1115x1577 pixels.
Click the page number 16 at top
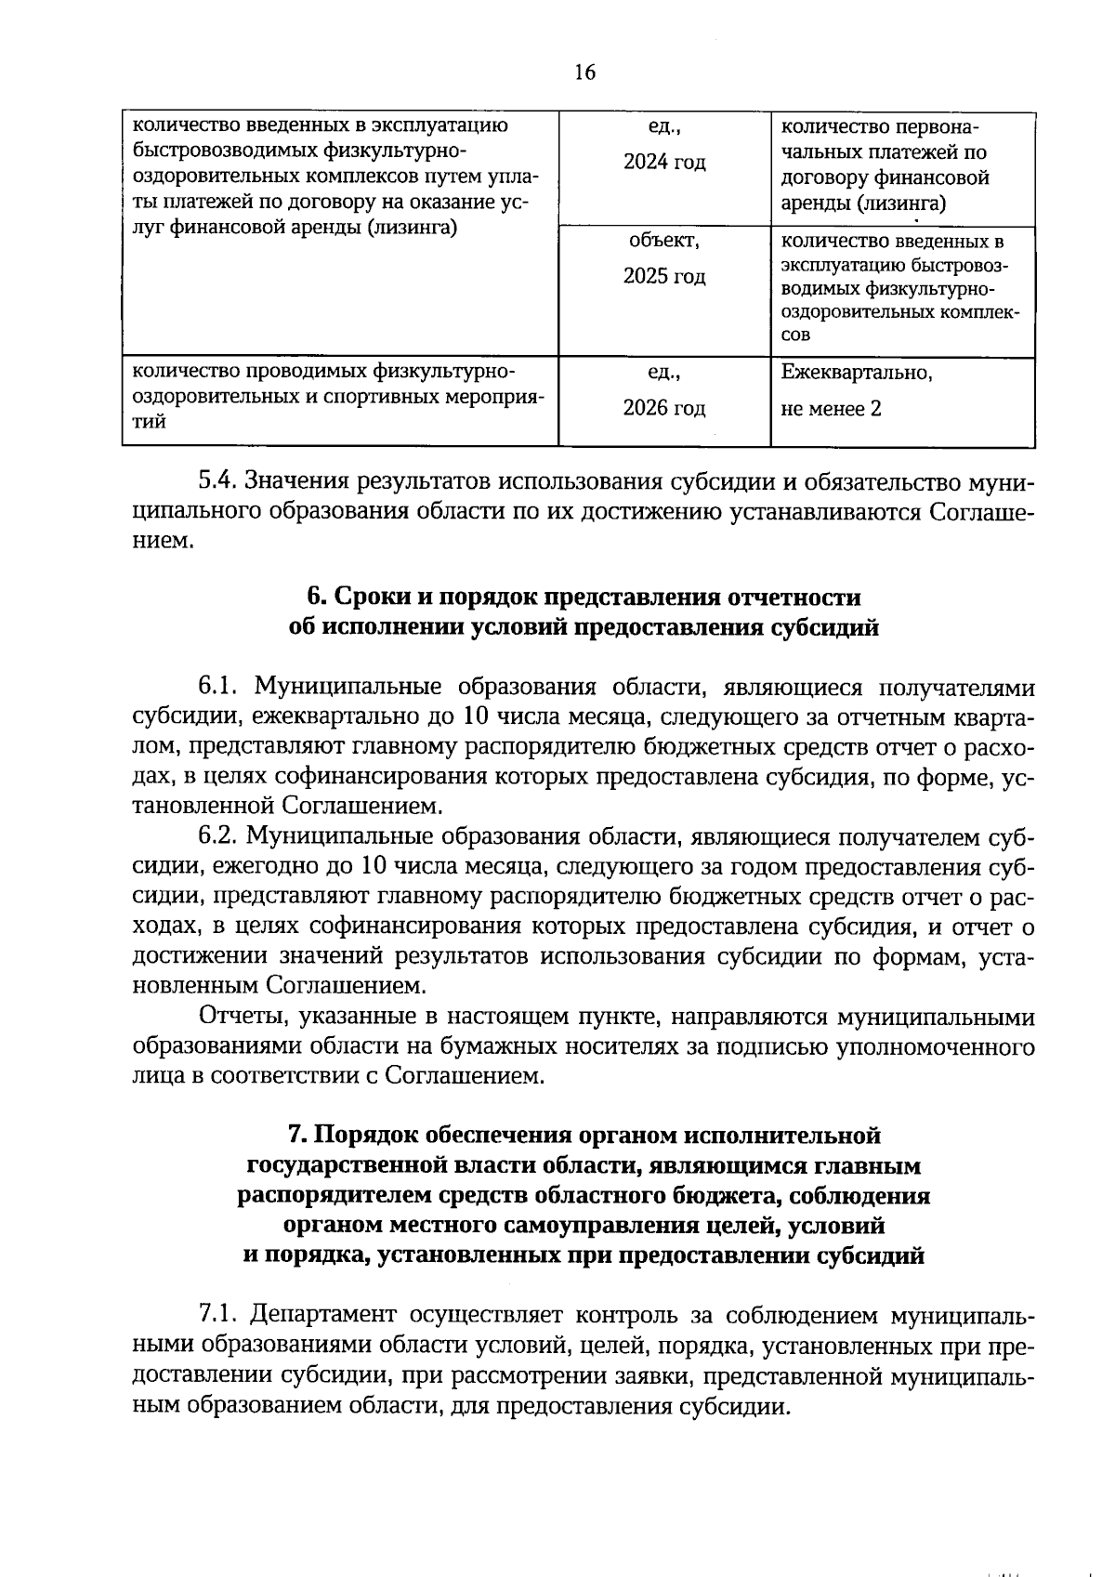(584, 72)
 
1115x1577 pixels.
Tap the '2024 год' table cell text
(664, 163)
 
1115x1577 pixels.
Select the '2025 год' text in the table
(664, 277)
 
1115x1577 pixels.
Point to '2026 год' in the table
(664, 408)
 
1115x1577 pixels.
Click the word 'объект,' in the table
(664, 241)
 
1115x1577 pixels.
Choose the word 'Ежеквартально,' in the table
(857, 373)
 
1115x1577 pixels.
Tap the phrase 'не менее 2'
(831, 409)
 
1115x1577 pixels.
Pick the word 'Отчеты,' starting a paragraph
(241, 1017)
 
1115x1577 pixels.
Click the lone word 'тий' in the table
(149, 422)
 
